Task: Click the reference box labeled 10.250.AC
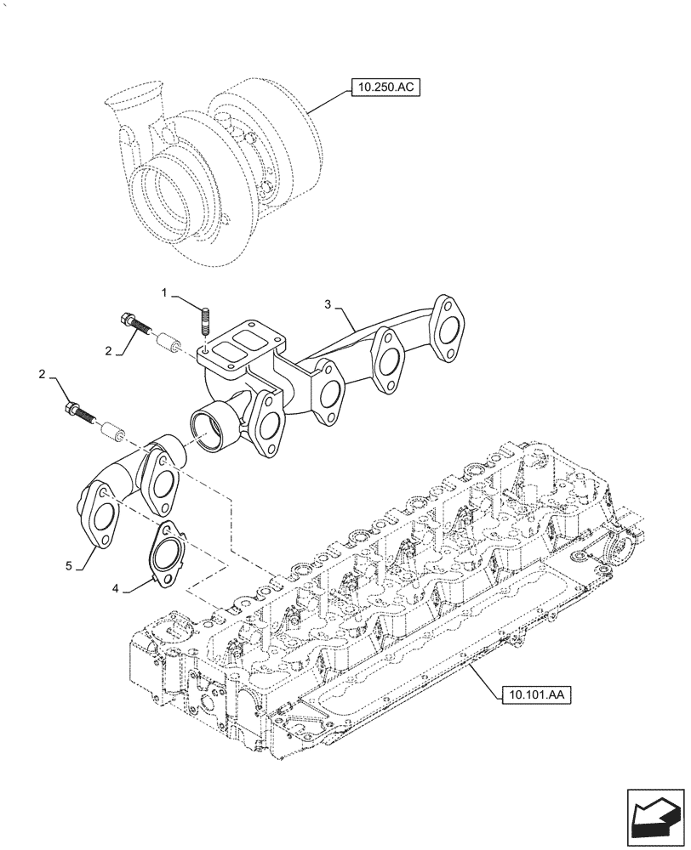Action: pos(384,88)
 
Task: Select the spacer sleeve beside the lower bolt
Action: pos(111,432)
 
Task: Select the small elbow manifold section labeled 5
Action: pos(128,489)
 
